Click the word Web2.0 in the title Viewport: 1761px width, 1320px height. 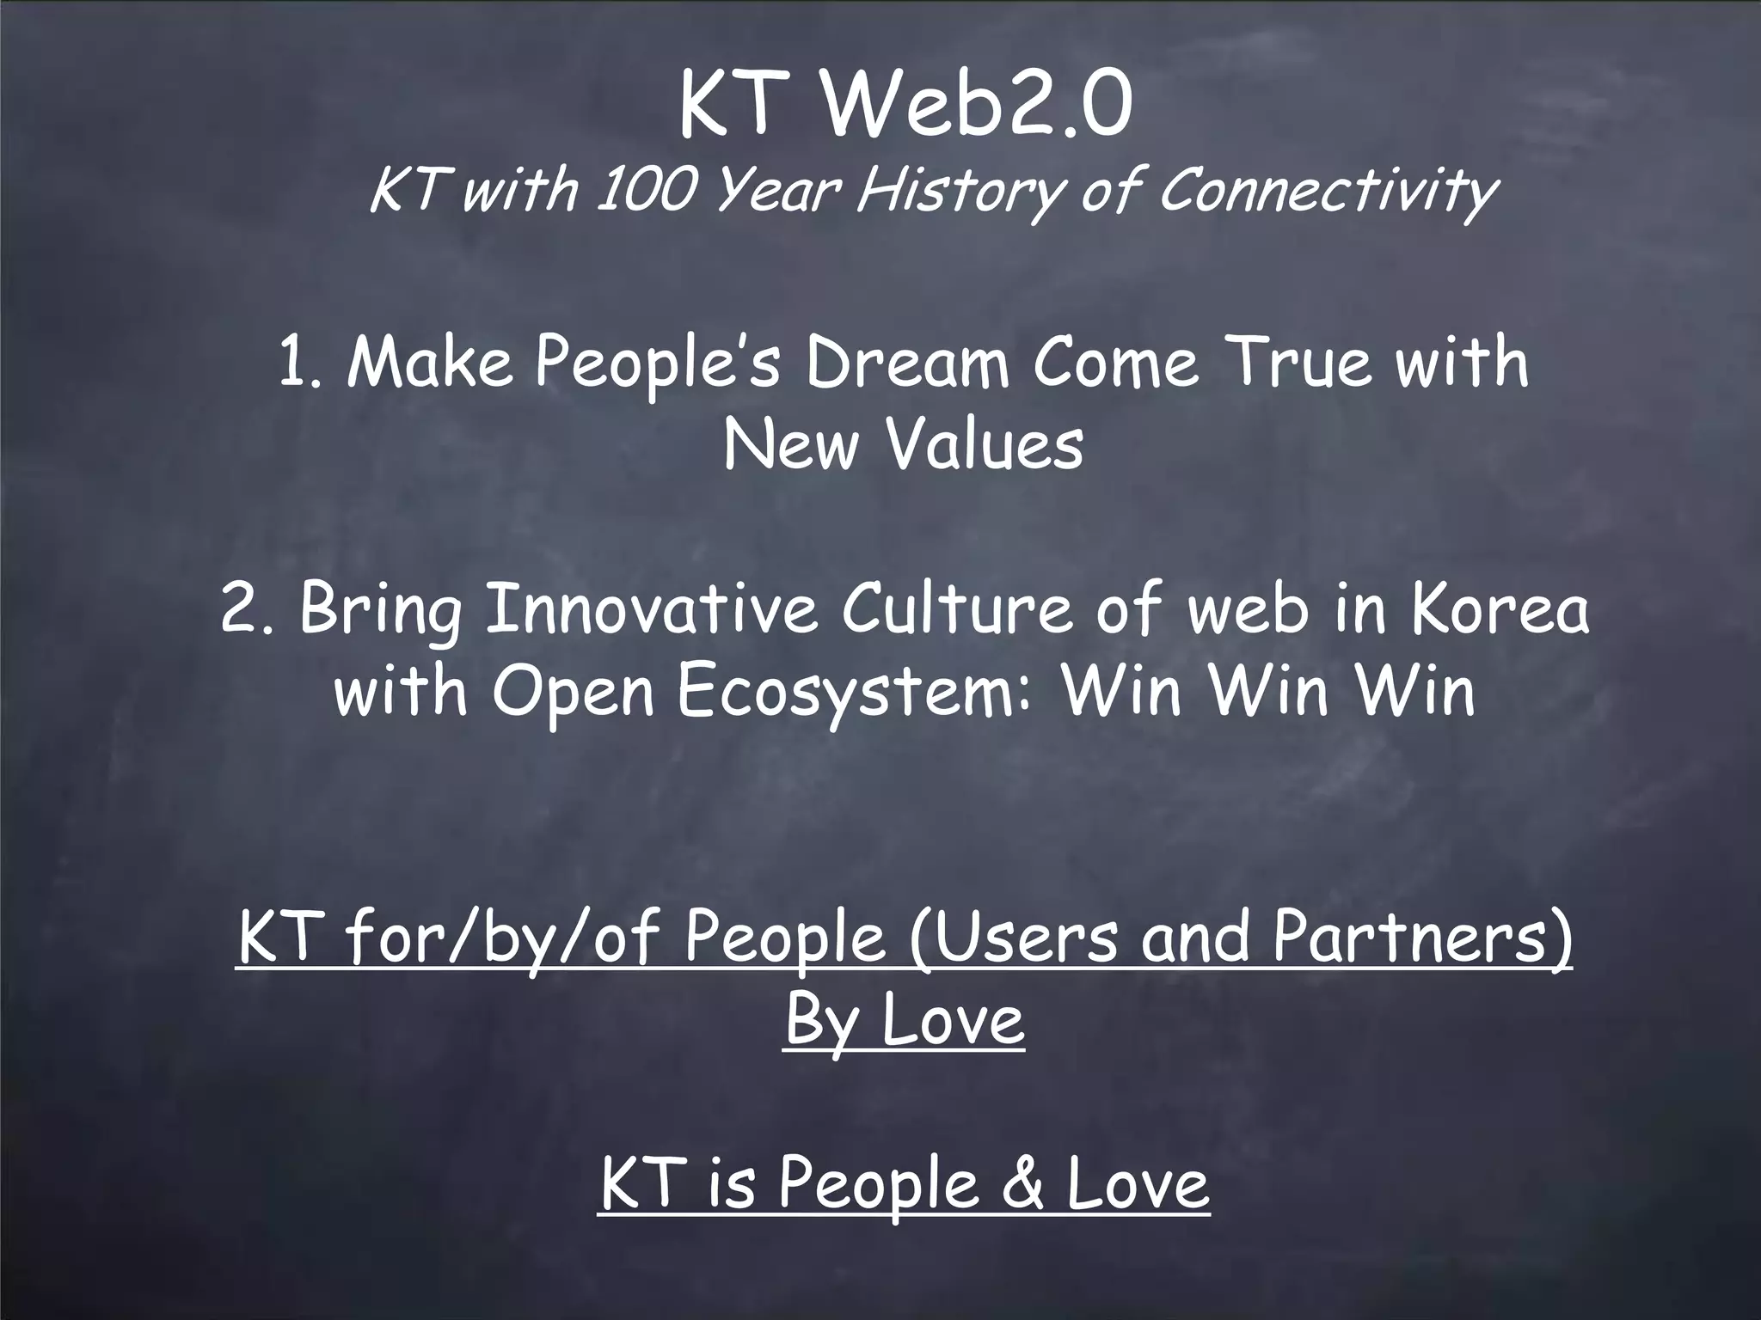click(x=976, y=107)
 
